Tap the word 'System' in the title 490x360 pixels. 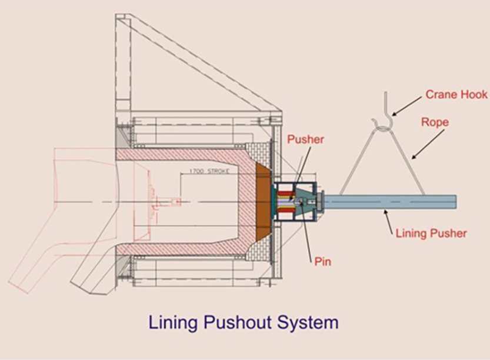pyautogui.click(x=310, y=323)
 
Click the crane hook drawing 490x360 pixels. pyautogui.click(x=382, y=115)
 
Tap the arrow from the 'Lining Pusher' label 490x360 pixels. pyautogui.click(x=389, y=222)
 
